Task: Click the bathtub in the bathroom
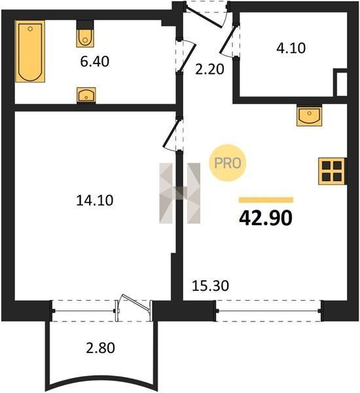(30, 51)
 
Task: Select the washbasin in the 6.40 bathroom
(86, 95)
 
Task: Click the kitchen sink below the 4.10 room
(310, 115)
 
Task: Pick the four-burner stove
(332, 171)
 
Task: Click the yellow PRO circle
(228, 163)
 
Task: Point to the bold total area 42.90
(266, 218)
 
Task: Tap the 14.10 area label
(95, 200)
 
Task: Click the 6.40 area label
(95, 62)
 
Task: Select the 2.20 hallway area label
(209, 69)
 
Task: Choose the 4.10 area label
(291, 48)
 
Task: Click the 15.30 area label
(211, 286)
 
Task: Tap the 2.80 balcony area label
(100, 348)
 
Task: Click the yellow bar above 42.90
(266, 200)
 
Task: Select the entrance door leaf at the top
(204, 16)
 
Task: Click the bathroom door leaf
(187, 56)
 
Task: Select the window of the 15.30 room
(269, 310)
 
